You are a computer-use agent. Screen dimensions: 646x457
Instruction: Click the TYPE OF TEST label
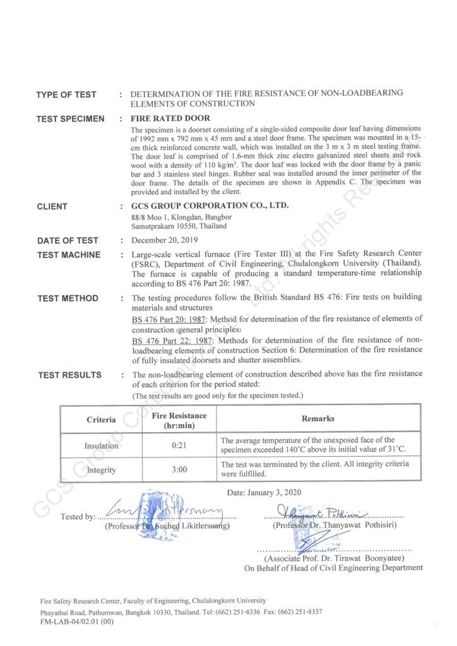tap(66, 95)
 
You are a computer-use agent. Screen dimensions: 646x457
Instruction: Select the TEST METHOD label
tap(67, 298)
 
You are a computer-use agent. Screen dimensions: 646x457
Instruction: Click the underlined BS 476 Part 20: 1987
tap(172, 319)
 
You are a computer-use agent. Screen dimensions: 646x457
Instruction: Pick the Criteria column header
tap(101, 419)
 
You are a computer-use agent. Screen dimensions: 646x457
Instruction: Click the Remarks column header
tap(318, 419)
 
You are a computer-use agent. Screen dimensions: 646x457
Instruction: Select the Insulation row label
tap(101, 446)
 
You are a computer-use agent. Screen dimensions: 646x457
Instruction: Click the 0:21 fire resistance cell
tap(179, 446)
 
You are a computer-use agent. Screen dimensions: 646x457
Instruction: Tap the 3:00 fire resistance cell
tap(179, 469)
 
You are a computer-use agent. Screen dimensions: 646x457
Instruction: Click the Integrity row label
tap(101, 469)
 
